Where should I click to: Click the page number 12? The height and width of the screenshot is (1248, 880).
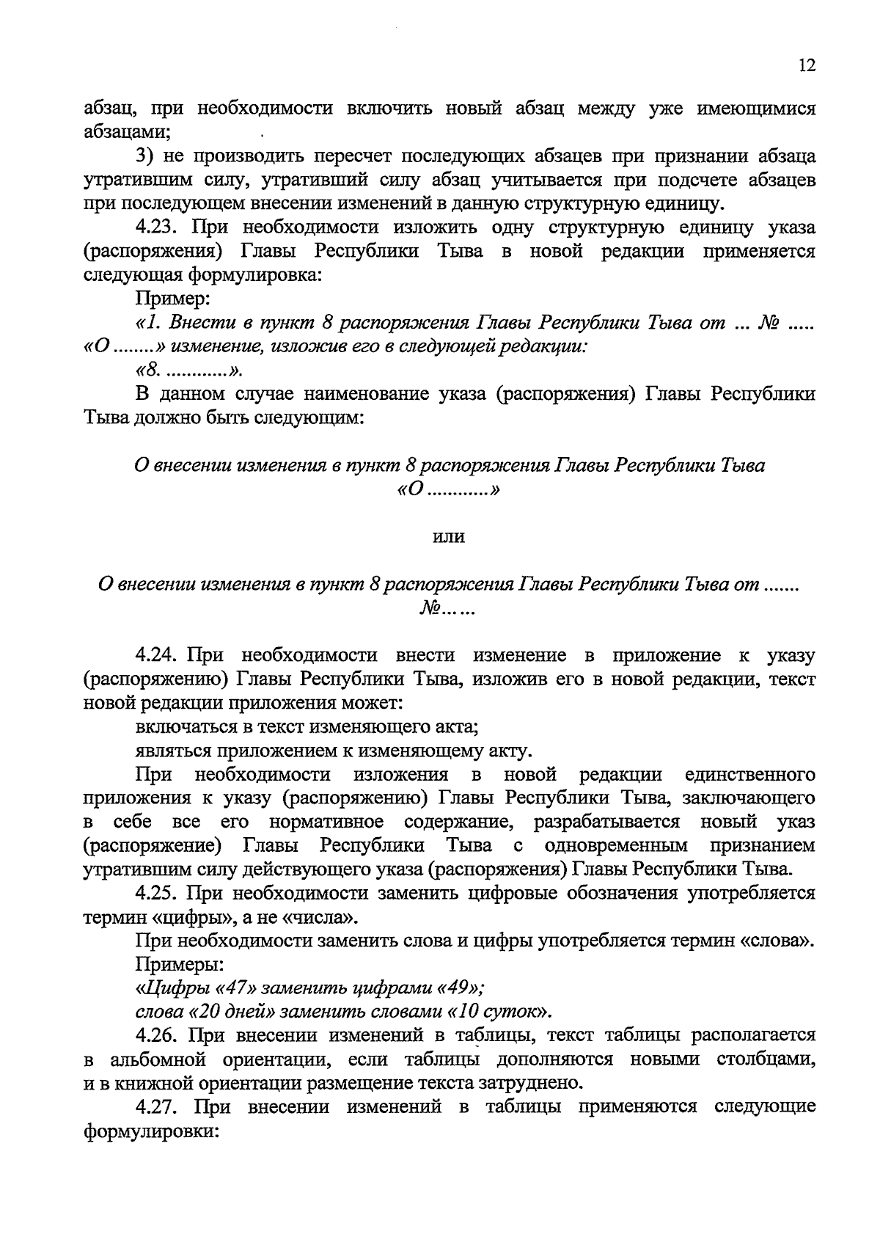(x=806, y=66)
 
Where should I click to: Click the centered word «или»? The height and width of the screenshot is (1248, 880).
(x=449, y=537)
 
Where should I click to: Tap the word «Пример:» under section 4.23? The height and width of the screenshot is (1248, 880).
(x=173, y=299)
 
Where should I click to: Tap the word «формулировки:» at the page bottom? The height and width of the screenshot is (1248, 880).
(x=152, y=1131)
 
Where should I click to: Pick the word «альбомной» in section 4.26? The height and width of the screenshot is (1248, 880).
(x=158, y=1059)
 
